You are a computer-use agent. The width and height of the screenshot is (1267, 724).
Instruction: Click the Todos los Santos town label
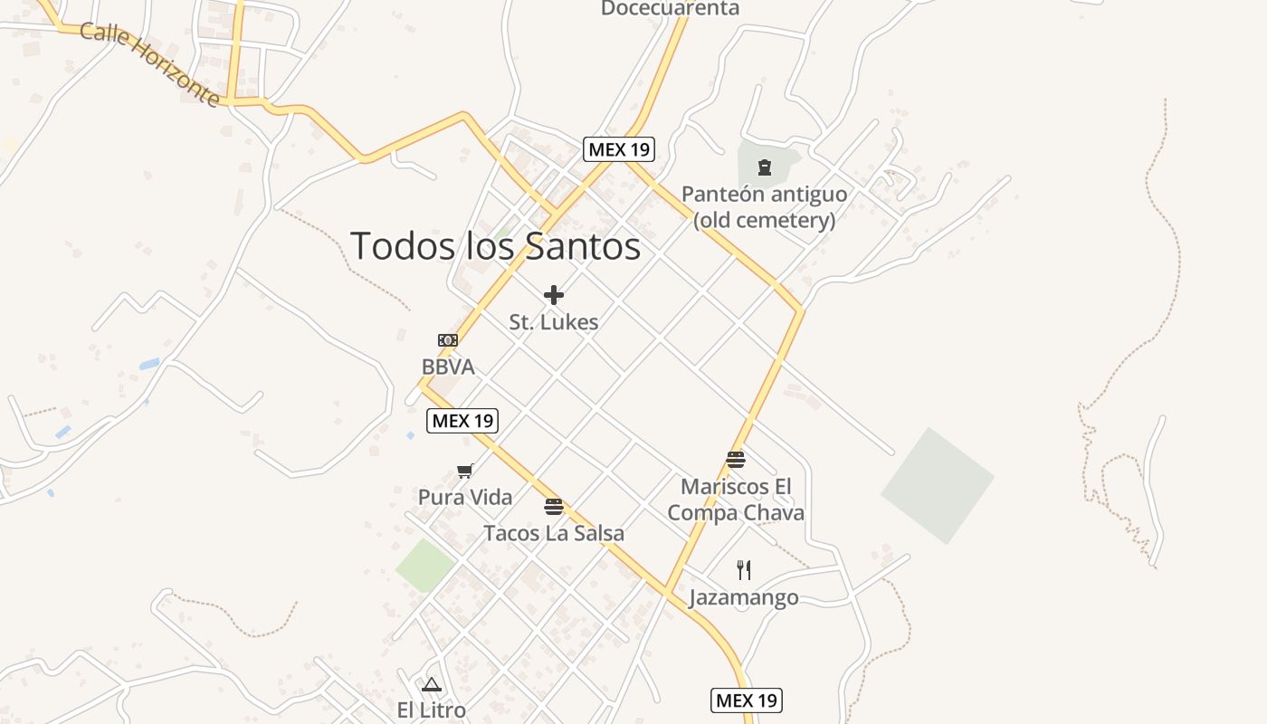tap(495, 246)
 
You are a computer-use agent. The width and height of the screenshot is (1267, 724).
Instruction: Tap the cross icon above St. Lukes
tap(554, 295)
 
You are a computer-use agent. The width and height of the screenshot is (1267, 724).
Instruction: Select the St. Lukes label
tap(554, 322)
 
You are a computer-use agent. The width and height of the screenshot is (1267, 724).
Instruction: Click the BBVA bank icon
tap(448, 340)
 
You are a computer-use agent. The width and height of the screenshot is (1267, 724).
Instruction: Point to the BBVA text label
tap(448, 367)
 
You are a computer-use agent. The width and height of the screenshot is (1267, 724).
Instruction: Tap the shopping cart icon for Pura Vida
tap(465, 471)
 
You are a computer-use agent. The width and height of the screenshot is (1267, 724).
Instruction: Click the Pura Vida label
tap(465, 497)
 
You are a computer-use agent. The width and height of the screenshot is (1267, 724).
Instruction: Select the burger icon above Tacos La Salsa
tap(554, 506)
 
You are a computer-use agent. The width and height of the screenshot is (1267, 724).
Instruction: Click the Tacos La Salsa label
tap(554, 533)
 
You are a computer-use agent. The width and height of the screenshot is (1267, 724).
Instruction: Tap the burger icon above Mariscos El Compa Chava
tap(736, 460)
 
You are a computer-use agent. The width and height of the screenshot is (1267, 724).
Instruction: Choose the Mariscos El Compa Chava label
tap(736, 500)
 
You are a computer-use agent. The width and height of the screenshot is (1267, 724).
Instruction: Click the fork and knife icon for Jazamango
tap(744, 570)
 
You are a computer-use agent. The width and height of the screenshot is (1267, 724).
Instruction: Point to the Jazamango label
tap(744, 597)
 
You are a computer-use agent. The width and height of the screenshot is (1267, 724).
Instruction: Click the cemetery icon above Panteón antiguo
tap(765, 167)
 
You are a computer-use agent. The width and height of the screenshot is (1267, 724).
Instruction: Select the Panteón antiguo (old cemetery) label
tap(765, 206)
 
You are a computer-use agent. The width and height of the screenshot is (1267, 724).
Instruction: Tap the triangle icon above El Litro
tap(431, 684)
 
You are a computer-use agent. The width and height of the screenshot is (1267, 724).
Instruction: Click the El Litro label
tap(431, 710)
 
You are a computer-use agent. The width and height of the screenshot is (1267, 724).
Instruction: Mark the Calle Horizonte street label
tap(150, 63)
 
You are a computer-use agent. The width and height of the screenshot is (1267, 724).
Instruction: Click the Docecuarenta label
tap(670, 9)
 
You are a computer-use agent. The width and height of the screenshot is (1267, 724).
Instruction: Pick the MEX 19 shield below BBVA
tap(462, 420)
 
